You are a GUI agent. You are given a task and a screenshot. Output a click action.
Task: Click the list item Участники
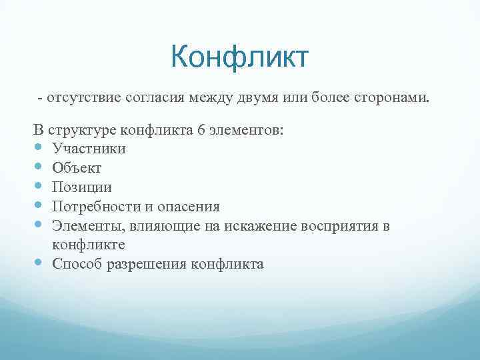(x=88, y=149)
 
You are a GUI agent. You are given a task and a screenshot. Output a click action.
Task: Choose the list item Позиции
(x=81, y=187)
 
